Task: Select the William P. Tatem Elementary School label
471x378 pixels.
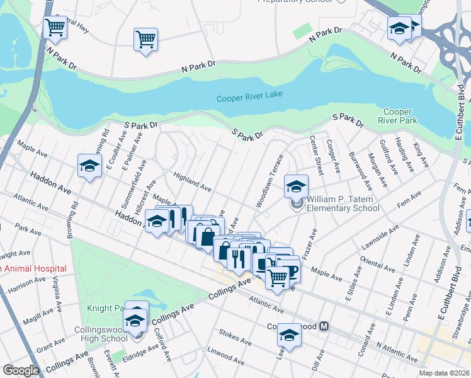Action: [x=343, y=203]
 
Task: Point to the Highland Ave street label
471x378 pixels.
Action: [x=192, y=183]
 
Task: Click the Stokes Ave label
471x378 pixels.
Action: [x=234, y=337]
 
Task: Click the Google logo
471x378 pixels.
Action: [x=21, y=370]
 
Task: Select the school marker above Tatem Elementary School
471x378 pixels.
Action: [x=295, y=186]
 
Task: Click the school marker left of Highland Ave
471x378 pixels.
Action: [x=89, y=166]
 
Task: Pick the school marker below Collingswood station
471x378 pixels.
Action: [x=289, y=335]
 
